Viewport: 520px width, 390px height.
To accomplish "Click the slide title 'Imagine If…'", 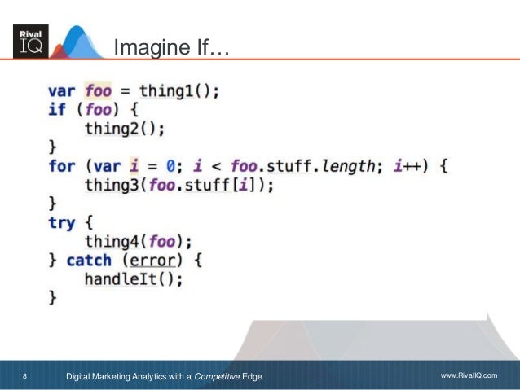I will [x=171, y=49].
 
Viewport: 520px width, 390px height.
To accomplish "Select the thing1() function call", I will [x=178, y=91].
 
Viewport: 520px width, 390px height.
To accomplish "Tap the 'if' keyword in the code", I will [x=56, y=110].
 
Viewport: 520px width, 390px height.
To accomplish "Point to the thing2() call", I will [x=125, y=129].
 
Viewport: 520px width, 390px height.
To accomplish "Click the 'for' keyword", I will [x=61, y=166].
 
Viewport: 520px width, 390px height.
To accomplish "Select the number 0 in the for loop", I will [x=170, y=166].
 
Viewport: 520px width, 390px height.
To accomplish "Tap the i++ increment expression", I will [x=408, y=166].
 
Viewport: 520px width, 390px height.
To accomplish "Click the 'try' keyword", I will [x=61, y=222].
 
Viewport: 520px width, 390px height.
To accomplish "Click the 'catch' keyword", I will [x=89, y=261].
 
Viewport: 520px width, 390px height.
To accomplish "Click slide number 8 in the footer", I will [x=24, y=376].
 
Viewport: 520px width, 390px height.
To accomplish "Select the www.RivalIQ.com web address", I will [x=468, y=376].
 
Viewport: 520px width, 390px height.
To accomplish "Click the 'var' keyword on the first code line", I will [x=61, y=91].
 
